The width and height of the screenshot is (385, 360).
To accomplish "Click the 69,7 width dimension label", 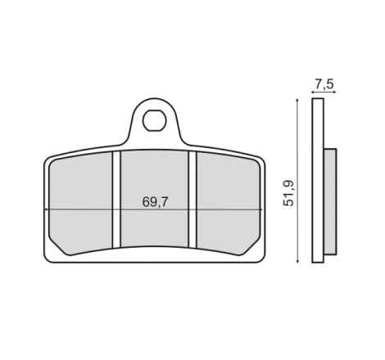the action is click(x=155, y=202).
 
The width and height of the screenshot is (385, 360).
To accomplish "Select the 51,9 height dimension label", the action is click(x=288, y=193).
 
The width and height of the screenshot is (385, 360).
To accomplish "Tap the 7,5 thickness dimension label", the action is click(x=324, y=84).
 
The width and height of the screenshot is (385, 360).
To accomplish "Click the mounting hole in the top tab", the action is click(x=154, y=120).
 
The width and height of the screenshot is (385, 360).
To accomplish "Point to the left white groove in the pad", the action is click(x=116, y=200).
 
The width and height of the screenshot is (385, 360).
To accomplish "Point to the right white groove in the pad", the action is click(x=192, y=200).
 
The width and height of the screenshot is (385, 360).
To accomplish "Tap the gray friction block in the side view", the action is click(x=330, y=201).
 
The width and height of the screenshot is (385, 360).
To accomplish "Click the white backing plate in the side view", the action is click(x=318, y=181).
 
